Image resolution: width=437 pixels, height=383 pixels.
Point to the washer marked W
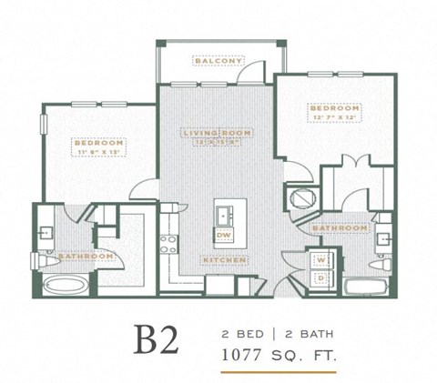pyautogui.click(x=320, y=260)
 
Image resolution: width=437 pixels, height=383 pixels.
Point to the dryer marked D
pyautogui.click(x=320, y=277)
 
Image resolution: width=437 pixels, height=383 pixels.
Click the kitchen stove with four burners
pyautogui.click(x=169, y=243)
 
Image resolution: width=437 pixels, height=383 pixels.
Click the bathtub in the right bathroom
pyautogui.click(x=369, y=288)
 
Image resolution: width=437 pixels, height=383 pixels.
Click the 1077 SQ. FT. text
pyautogui.click(x=279, y=353)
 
